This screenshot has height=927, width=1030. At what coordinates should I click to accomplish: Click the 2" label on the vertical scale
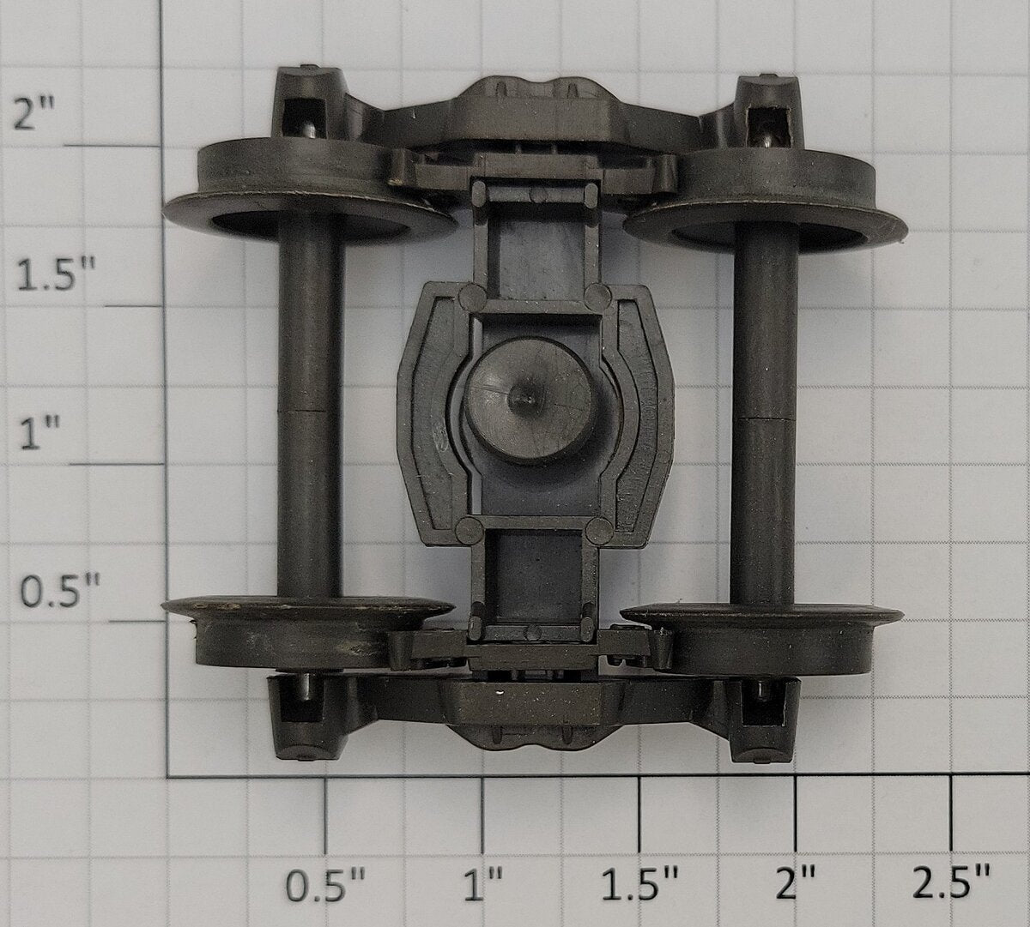coord(33,114)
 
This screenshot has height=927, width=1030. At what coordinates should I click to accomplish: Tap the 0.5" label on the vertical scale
coord(59,593)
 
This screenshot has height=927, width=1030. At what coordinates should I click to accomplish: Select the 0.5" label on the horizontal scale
coord(325,885)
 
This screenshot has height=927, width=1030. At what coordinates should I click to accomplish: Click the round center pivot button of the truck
coord(529,401)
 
